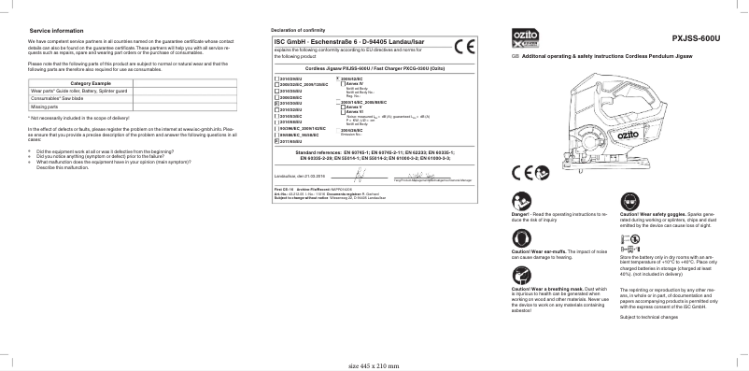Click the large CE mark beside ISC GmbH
463,48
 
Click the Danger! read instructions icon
519,200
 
